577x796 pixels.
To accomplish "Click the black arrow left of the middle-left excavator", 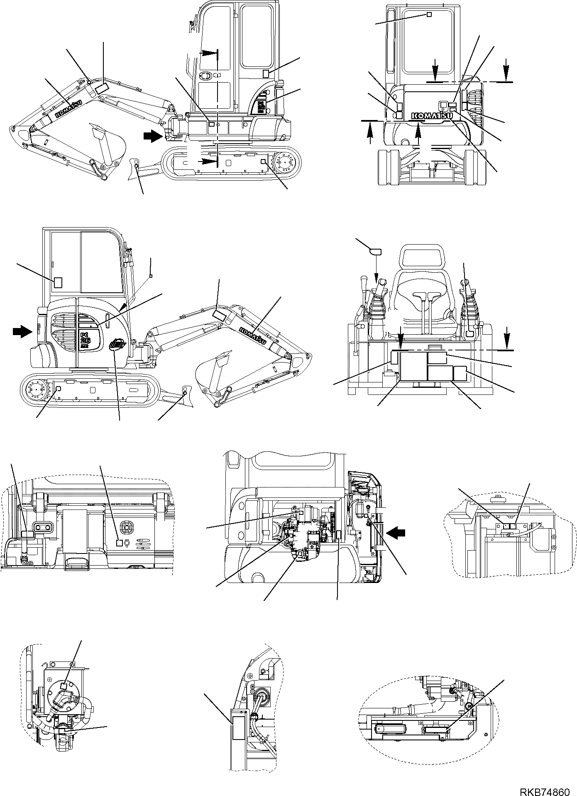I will (x=22, y=331).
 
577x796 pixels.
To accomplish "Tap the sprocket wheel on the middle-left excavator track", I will (x=36, y=389).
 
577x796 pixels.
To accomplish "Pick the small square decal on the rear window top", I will (x=429, y=15).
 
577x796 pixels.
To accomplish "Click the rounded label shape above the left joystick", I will (x=376, y=251).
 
